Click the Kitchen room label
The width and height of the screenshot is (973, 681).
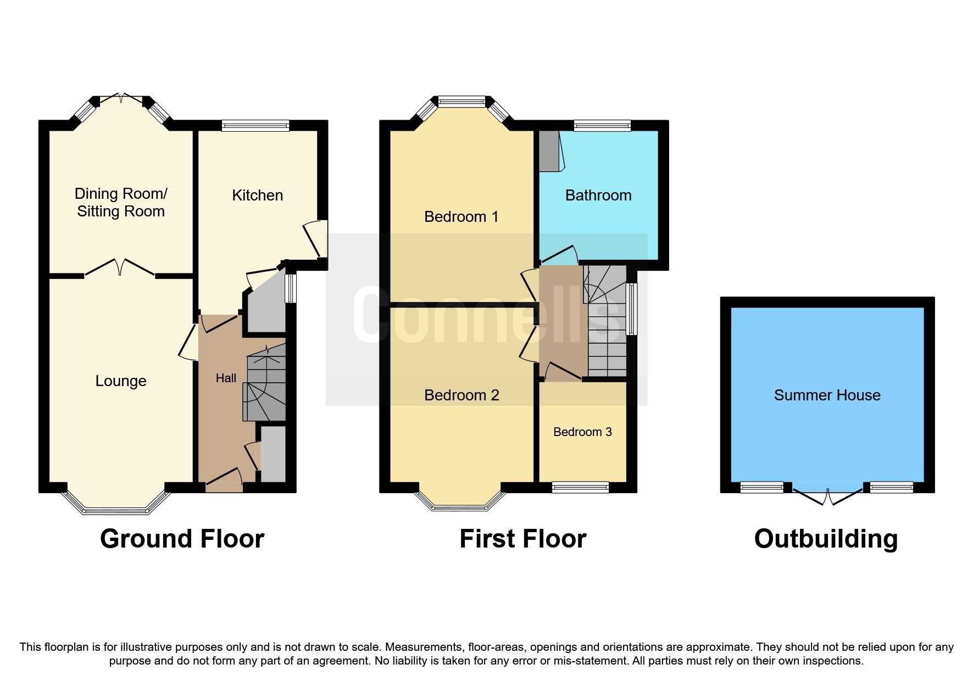pos(257,196)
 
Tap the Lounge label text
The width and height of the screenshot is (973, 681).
pos(121,381)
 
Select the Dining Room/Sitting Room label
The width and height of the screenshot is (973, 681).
pos(121,202)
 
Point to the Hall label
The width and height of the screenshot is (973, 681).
pos(226,378)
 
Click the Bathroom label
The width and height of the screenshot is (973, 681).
pos(598,196)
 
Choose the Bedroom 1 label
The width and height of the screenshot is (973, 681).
pos(462,217)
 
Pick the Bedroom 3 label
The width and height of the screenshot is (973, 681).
pos(582,432)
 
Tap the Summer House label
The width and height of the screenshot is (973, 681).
pos(827,395)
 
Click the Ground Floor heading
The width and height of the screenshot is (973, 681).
pos(182,539)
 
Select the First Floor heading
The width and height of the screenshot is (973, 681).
pos(522,539)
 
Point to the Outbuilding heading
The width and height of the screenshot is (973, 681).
pos(826,539)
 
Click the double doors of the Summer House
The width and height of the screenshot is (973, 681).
pos(827,494)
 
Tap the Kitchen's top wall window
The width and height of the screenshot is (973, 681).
pos(255,126)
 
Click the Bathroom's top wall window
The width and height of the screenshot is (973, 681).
pos(602,126)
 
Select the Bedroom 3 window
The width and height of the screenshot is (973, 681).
pos(581,487)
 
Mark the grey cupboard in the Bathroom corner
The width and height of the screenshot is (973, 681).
pos(547,151)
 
